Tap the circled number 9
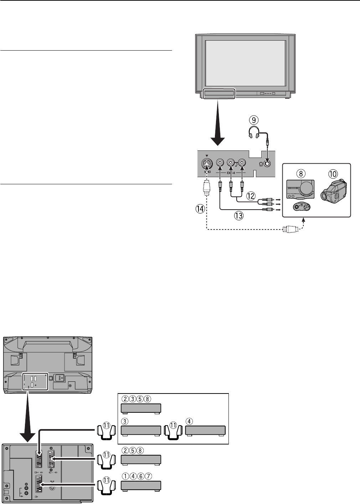pos(254,120)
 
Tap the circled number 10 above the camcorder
pos(333,174)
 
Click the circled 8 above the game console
pos(301,174)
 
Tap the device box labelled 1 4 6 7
pos(141,485)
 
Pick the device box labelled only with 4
pos(205,431)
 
